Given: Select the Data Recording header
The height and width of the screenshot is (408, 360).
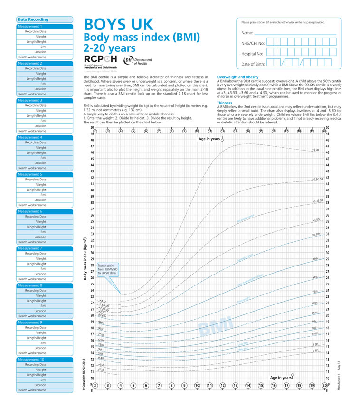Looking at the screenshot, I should coord(33,19).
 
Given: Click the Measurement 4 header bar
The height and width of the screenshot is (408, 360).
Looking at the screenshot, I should coord(45,137).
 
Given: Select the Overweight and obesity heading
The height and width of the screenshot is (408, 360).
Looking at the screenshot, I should coord(237,77).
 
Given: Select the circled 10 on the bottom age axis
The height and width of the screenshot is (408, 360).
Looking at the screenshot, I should coord(197,385).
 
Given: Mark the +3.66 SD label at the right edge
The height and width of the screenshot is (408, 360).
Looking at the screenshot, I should coord(317,179).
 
